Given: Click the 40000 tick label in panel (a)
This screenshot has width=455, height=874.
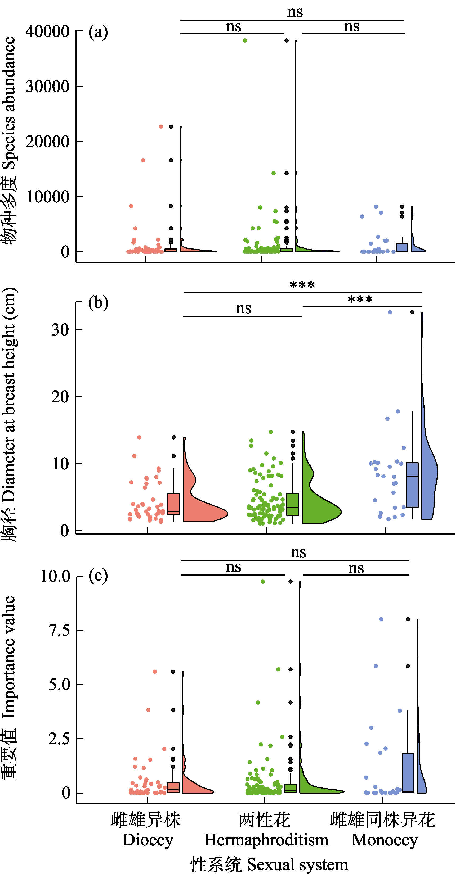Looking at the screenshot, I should pos(47,31).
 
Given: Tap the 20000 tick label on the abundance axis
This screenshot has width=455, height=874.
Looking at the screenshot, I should pos(47,142).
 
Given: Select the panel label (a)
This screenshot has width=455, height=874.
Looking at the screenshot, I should pos(98,32).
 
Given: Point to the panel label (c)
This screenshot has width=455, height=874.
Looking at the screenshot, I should pos(98,576).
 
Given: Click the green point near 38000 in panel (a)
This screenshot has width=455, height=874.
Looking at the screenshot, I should pos(245,41).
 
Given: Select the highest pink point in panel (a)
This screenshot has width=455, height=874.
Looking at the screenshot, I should pos(161,126).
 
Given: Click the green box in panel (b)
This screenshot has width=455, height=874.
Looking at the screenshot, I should pos(293,504).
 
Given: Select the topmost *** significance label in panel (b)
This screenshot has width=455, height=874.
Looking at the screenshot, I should pos(302,285).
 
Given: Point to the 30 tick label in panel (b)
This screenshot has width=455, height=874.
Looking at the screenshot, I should pos(60,330).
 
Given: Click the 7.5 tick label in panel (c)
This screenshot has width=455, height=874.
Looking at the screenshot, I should pos(59,630).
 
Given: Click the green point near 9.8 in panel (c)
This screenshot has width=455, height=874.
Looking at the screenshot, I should pos(263,582).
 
